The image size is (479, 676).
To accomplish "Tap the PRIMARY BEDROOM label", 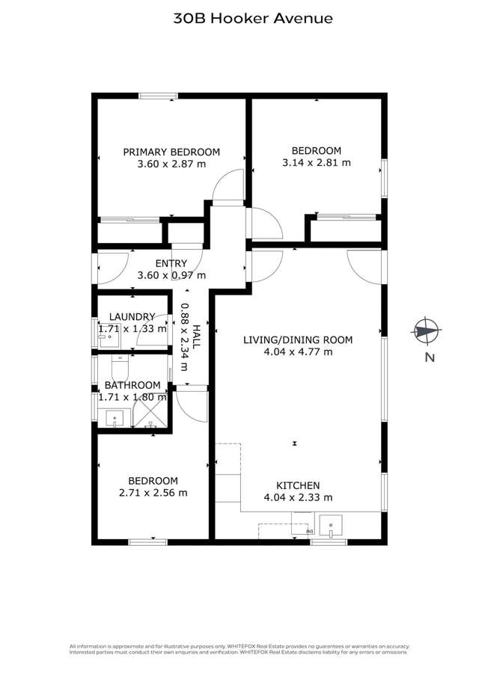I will tap(171, 152).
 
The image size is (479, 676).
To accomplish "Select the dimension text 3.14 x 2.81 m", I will tap(316, 162).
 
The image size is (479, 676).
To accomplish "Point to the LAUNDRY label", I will tap(132, 317).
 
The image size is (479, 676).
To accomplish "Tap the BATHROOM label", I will tap(132, 385).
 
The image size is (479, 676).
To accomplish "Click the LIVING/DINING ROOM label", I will tap(298, 339).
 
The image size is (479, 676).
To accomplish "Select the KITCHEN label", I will tap(298, 485).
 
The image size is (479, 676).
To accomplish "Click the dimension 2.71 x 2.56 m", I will tap(153, 493).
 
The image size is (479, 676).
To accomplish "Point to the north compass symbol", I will tap(427, 330).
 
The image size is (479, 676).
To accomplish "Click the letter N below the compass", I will tap(430, 357).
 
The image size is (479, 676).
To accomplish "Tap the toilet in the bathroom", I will tap(119, 366).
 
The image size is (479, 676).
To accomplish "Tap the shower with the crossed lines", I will tap(150, 411).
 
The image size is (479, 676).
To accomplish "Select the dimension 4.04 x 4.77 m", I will tap(298, 351).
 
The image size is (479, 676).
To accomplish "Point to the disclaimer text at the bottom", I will tap(239, 649).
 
